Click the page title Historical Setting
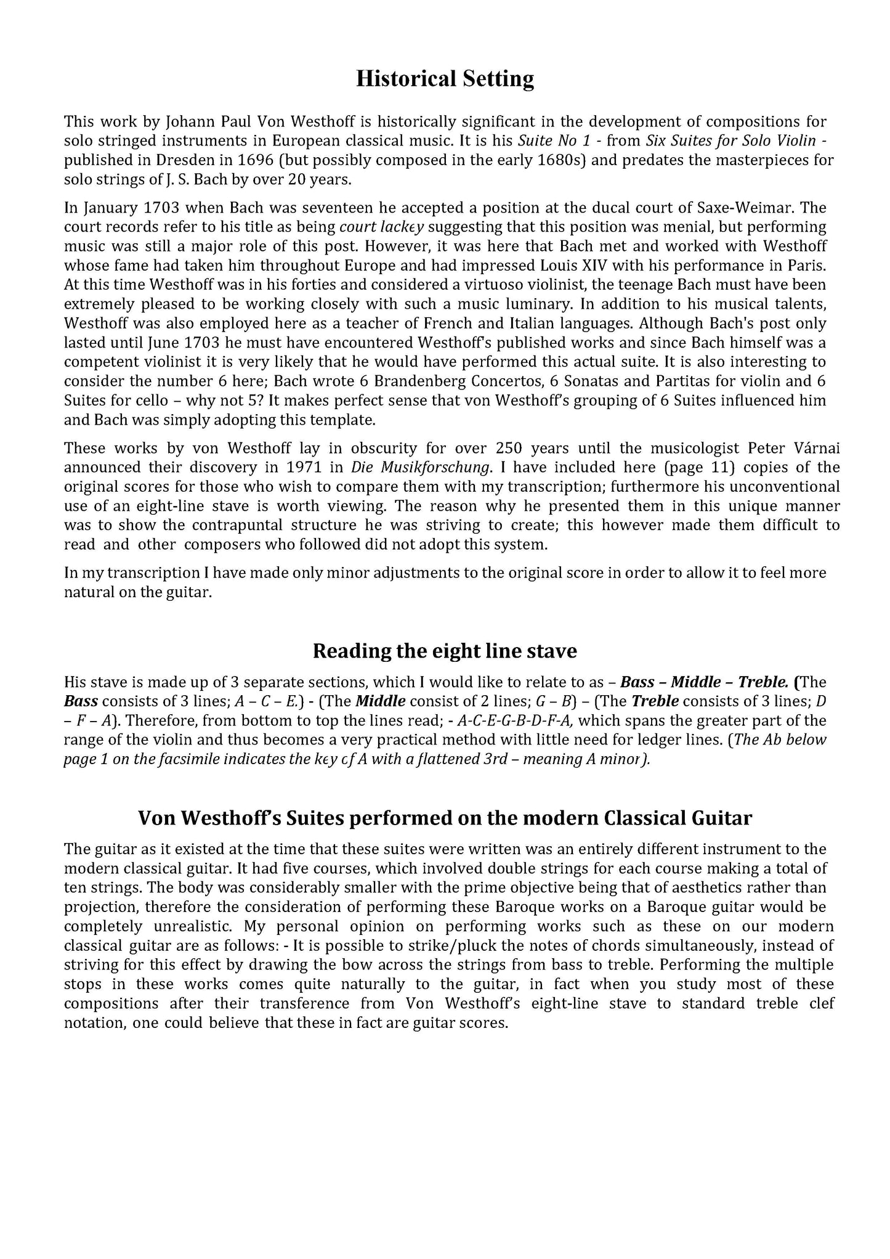(x=445, y=79)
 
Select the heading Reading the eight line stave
(x=445, y=651)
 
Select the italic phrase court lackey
(x=382, y=227)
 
